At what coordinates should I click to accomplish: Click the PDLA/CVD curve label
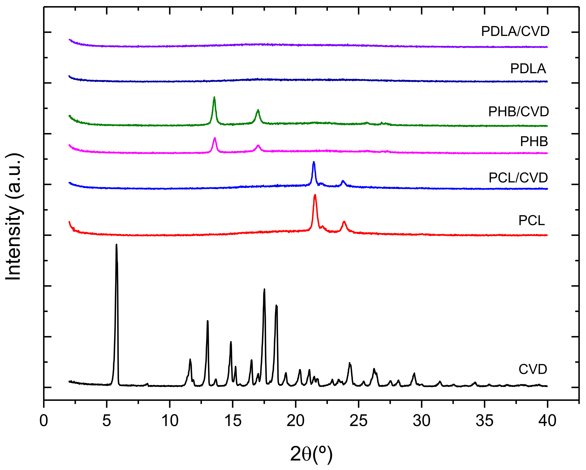click(x=515, y=32)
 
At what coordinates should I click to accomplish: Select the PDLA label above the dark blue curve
click(x=528, y=69)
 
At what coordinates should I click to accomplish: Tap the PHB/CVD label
click(x=518, y=111)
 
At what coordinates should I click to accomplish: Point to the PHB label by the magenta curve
click(x=534, y=141)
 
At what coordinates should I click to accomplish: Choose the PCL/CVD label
click(x=518, y=178)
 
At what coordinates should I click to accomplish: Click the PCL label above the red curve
click(x=531, y=220)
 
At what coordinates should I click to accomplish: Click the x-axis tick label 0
click(x=44, y=421)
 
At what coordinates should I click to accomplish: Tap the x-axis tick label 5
click(x=107, y=421)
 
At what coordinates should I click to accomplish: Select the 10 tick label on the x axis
click(x=170, y=421)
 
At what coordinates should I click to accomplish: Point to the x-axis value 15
click(x=233, y=421)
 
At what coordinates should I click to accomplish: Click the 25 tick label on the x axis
click(x=359, y=421)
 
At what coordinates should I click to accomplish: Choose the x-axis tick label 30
click(x=421, y=421)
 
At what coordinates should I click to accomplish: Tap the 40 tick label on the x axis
click(x=547, y=421)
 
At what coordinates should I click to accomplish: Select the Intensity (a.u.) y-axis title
click(x=14, y=216)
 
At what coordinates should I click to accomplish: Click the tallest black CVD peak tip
click(x=117, y=245)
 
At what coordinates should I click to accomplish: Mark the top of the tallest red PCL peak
click(x=315, y=195)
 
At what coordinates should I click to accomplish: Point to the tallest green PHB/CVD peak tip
click(x=214, y=97)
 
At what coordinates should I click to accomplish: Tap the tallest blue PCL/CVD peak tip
click(x=314, y=162)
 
